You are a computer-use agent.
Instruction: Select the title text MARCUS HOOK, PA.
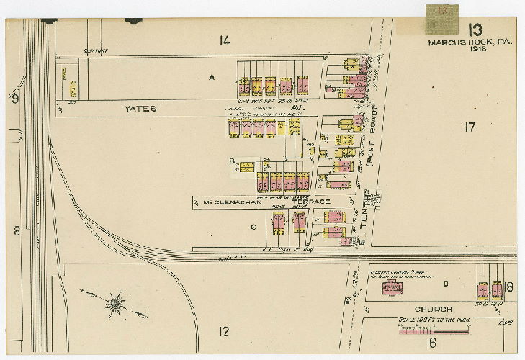[470, 42]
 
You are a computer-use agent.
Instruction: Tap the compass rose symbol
[115, 304]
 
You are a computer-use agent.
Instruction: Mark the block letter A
[212, 76]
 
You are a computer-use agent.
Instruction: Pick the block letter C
[253, 227]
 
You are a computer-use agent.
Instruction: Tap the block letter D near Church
[447, 283]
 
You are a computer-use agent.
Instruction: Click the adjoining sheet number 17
[470, 127]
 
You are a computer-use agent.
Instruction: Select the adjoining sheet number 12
[225, 331]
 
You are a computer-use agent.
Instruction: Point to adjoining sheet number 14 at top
[225, 40]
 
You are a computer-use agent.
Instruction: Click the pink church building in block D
[392, 288]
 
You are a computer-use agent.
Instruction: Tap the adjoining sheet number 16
[432, 342]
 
